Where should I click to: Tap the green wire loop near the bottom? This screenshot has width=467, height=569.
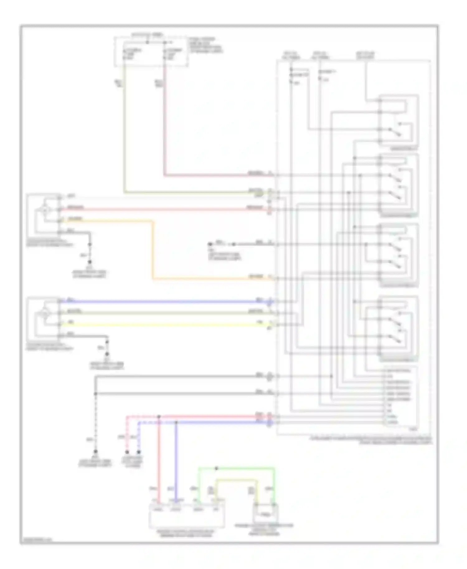237,468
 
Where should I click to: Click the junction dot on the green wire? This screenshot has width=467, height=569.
217,468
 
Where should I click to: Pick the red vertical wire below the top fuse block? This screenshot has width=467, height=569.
164,125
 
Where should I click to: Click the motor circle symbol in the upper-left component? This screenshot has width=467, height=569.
45,210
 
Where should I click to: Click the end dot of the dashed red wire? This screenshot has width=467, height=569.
127,452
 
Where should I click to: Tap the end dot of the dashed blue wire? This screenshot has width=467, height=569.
139,452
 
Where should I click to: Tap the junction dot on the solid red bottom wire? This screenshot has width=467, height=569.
159,416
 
